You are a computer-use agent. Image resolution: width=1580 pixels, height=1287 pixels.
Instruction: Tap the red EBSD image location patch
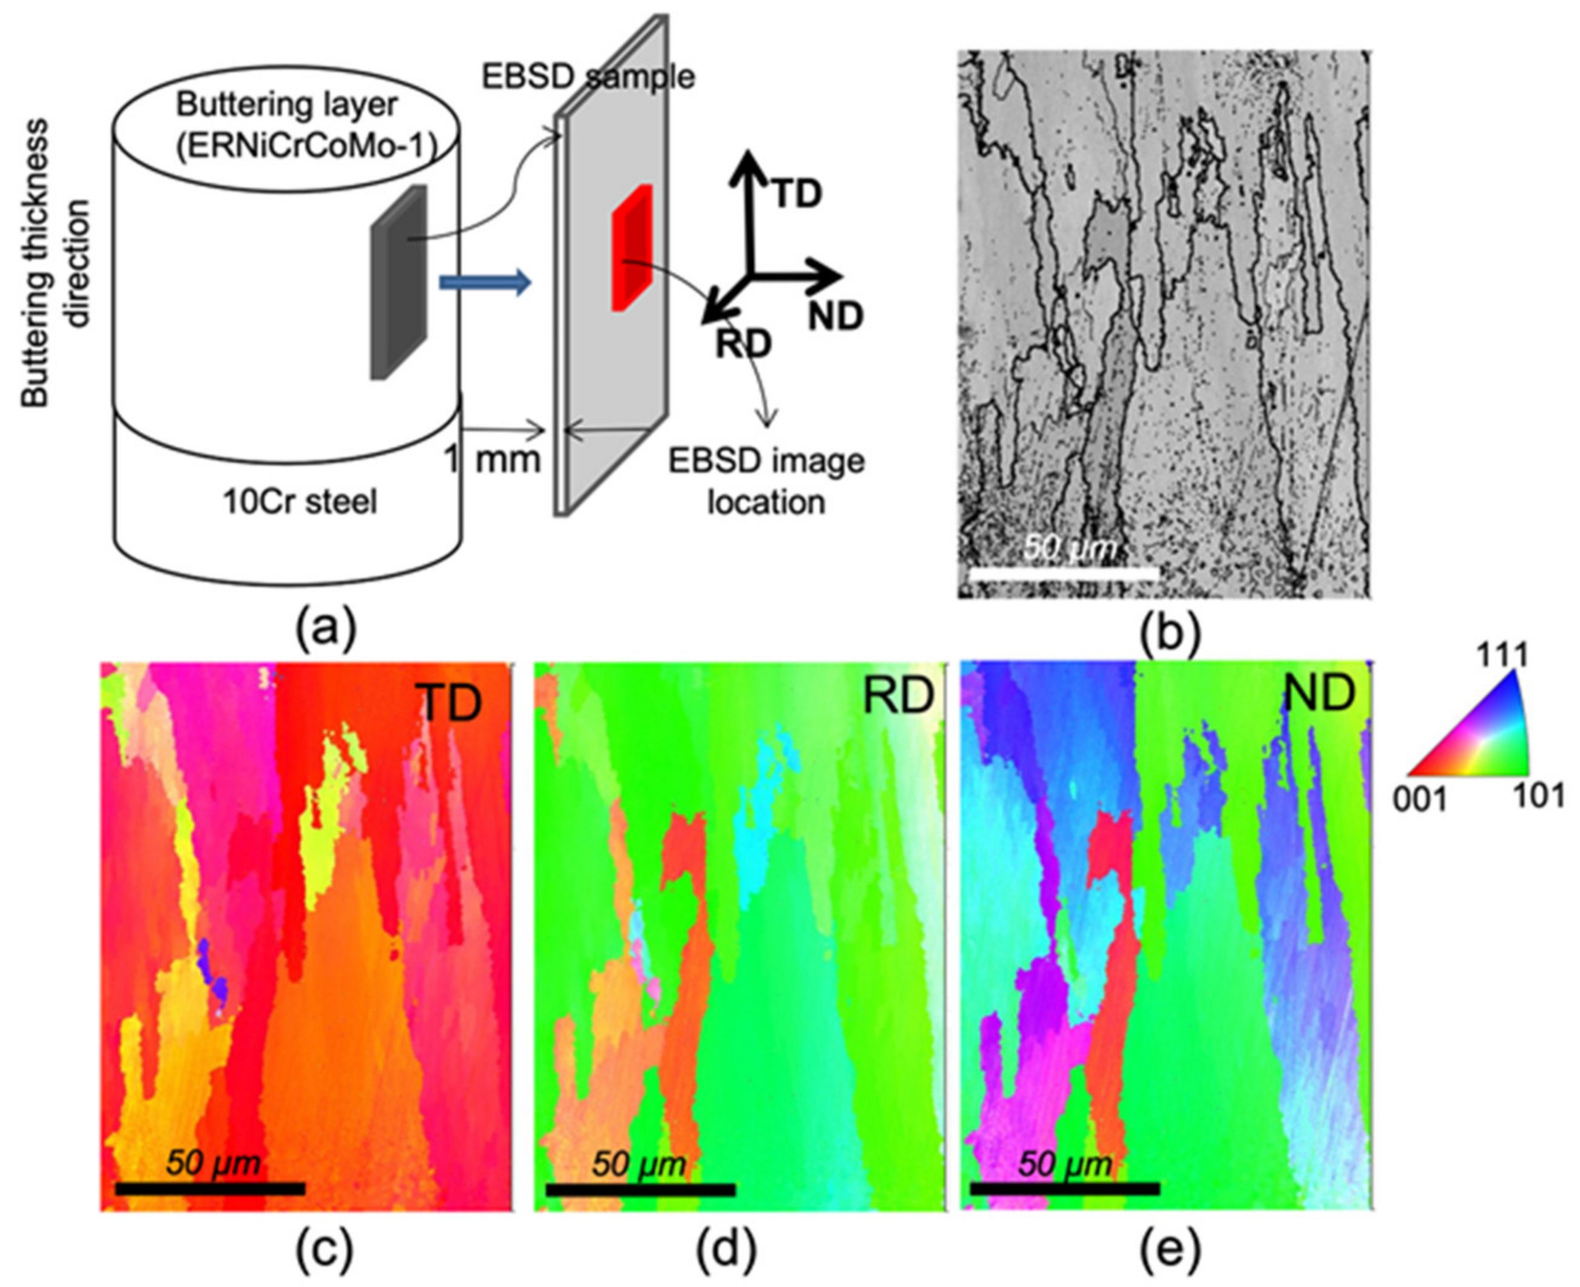(x=632, y=248)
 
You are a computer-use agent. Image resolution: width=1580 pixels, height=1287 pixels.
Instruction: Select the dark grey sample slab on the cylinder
(x=399, y=282)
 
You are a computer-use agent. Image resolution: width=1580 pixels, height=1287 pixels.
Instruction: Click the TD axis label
(x=798, y=194)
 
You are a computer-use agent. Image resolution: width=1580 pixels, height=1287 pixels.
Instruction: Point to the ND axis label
(x=836, y=317)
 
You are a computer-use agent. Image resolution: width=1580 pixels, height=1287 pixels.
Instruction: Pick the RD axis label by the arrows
(x=743, y=344)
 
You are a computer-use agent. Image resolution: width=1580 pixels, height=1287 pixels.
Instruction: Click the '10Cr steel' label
(x=300, y=502)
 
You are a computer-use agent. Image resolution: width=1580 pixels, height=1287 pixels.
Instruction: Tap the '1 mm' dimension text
(x=491, y=460)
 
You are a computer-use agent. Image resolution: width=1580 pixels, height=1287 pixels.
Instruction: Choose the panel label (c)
(x=324, y=1250)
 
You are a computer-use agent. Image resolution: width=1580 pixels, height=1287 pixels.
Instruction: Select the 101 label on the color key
(x=1539, y=797)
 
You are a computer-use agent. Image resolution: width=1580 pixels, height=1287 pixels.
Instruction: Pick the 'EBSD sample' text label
(x=588, y=76)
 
